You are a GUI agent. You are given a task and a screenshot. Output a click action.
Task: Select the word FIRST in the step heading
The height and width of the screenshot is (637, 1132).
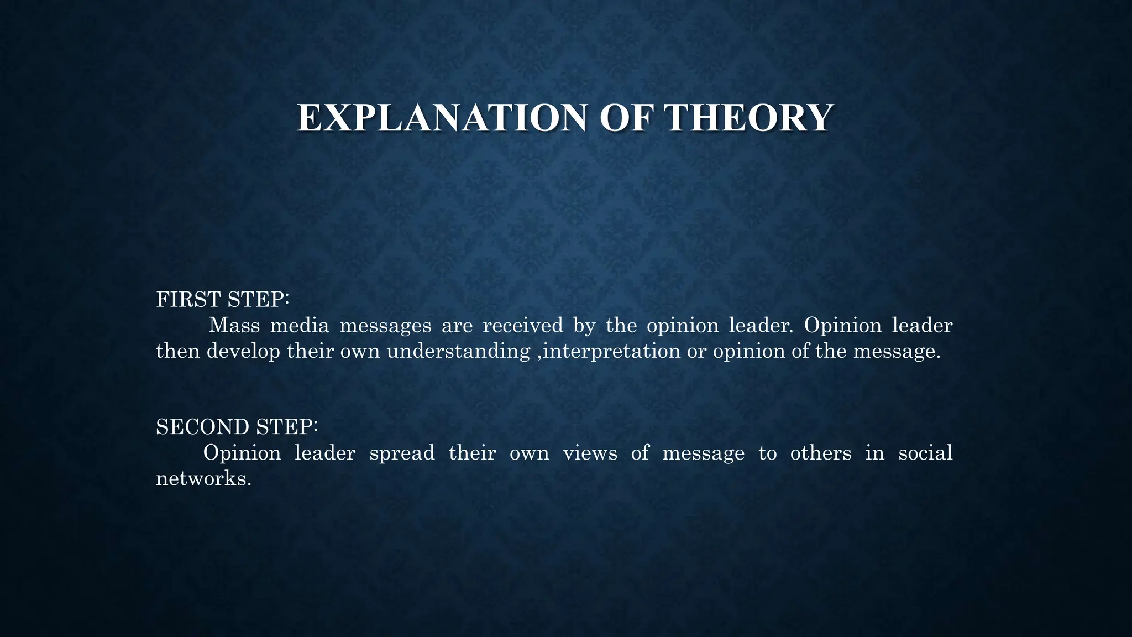188,300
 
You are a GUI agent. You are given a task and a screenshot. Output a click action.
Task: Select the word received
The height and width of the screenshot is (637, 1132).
522,325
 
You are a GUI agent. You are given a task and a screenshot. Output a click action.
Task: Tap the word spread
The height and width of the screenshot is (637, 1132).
402,453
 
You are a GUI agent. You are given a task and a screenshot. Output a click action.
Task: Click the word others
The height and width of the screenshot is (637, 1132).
821,453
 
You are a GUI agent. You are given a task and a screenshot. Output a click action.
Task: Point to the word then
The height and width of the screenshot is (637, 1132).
177,351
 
